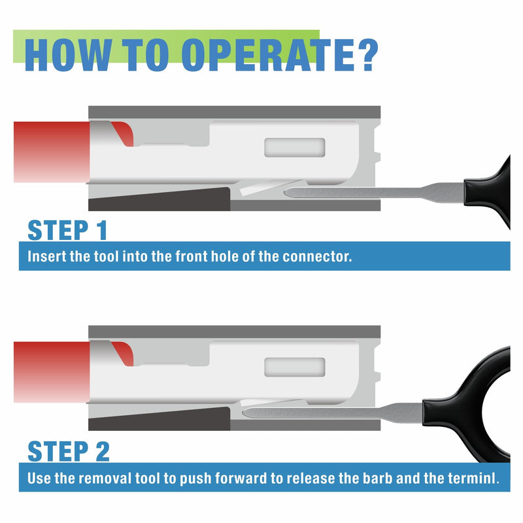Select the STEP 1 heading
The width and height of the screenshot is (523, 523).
68,230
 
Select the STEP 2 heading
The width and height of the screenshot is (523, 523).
69,451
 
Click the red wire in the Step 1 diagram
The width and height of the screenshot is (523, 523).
52,152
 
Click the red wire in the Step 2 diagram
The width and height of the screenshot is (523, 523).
52,372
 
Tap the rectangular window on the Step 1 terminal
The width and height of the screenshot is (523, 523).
295,148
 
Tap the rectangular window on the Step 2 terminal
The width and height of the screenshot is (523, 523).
295,367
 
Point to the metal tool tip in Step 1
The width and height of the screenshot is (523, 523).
286,192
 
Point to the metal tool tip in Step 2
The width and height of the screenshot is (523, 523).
245,413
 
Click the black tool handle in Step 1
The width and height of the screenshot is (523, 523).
490,192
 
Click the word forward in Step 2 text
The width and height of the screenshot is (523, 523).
241,479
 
